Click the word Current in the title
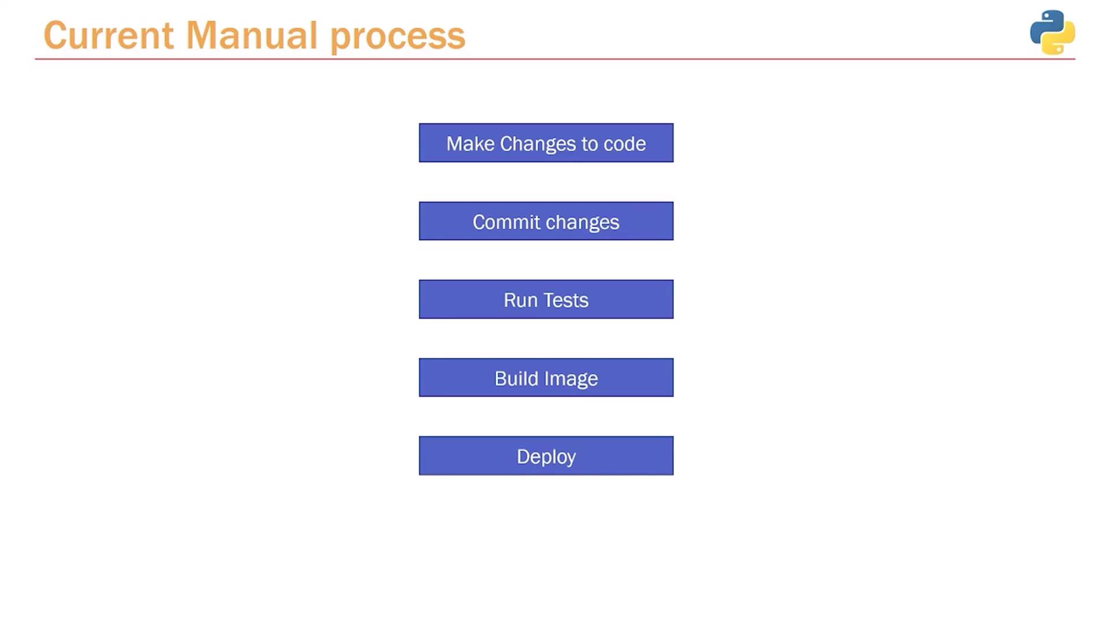[108, 35]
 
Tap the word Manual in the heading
[251, 35]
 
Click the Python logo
[1052, 32]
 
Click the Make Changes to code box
[546, 143]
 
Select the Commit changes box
[546, 221]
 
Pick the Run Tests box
[546, 299]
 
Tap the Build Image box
[546, 377]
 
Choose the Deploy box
[546, 456]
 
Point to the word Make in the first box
[470, 143]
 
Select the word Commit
[506, 222]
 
